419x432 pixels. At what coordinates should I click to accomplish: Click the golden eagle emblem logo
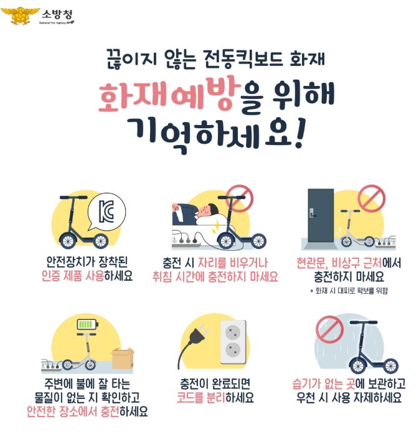tap(20, 16)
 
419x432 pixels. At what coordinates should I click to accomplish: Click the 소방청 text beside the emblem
tap(57, 14)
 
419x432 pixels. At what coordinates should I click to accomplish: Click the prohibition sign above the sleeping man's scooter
tap(240, 199)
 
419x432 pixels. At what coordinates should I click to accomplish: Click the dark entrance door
tap(321, 215)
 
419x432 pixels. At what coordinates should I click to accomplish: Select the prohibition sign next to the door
tap(372, 199)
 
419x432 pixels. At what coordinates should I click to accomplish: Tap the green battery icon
tap(87, 324)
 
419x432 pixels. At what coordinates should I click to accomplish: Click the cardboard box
tap(123, 359)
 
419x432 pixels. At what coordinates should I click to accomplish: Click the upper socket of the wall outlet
tap(233, 331)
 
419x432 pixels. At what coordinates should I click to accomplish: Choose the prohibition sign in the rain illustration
tap(329, 329)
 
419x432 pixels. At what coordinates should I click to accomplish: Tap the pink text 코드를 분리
tap(201, 397)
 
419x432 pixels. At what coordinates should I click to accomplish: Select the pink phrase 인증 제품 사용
tap(73, 276)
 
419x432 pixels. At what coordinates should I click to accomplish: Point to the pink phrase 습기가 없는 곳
tap(324, 383)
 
